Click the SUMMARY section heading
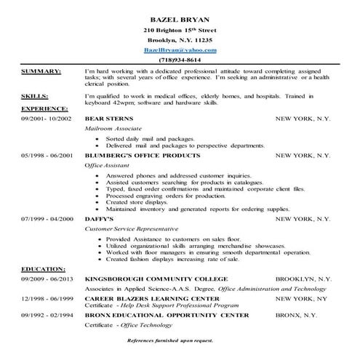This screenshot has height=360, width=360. click(40, 72)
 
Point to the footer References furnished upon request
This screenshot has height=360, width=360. click(179, 340)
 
